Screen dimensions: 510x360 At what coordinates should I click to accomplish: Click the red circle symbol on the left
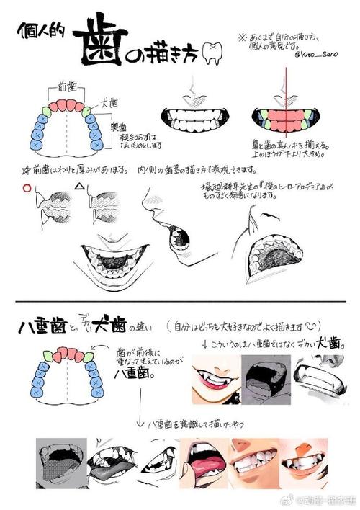[27, 189]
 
